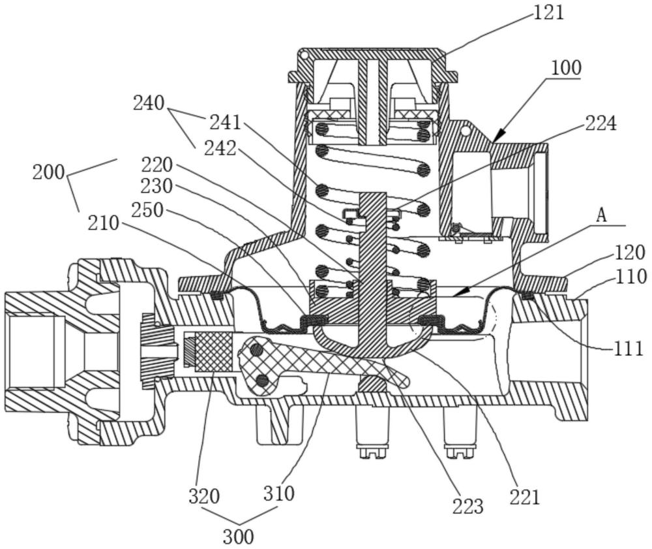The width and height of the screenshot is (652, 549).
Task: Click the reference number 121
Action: [x=549, y=12]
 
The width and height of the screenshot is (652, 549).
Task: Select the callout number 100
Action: [x=567, y=68]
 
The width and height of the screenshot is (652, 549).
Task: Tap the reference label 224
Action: [x=601, y=123]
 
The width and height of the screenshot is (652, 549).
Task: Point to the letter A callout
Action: [x=600, y=215]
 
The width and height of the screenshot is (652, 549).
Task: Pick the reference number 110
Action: [x=632, y=276]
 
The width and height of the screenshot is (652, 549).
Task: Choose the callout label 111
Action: [x=629, y=349]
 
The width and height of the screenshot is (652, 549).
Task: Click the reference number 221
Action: [x=525, y=497]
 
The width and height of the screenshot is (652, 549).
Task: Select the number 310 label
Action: [x=279, y=494]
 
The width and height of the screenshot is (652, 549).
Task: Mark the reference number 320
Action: [x=204, y=496]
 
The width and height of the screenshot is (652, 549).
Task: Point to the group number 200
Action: [x=49, y=172]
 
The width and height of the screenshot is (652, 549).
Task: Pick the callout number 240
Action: [x=149, y=102]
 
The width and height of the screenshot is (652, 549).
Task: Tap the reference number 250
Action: [x=147, y=210]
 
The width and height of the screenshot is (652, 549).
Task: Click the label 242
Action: [x=220, y=148]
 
